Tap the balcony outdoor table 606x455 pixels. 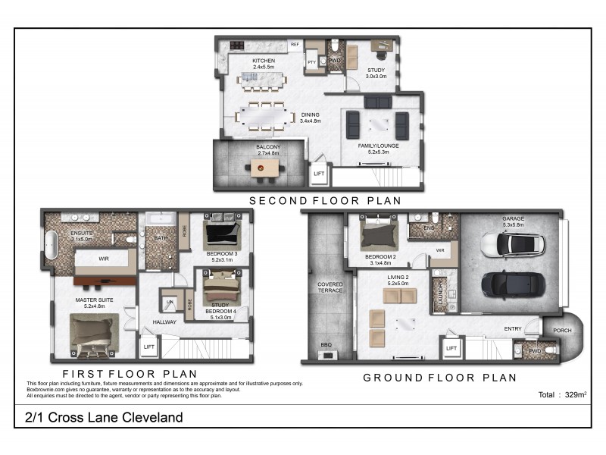[264, 168]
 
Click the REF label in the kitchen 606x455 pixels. [294, 45]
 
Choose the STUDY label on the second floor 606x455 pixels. [376, 73]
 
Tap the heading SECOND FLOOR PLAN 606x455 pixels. [326, 201]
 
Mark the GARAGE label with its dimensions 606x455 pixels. [513, 221]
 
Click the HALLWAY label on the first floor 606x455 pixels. [164, 322]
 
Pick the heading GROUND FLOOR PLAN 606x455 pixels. [440, 377]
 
